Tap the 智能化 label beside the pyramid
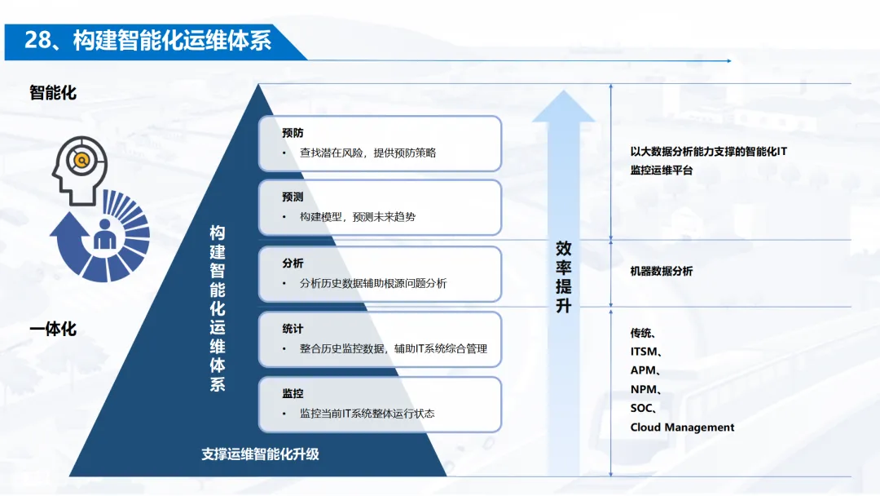coord(53,93)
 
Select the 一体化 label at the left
coord(53,329)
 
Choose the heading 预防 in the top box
coord(293,133)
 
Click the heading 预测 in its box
coord(293,197)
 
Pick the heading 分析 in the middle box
coord(293,263)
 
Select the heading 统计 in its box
coord(293,329)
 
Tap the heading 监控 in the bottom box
coord(293,394)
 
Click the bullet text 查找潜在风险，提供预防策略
coord(367,153)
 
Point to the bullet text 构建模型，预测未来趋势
coord(358,217)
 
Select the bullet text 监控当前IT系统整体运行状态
coord(367,414)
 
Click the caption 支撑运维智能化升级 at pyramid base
coord(260,454)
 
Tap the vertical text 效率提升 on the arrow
coord(564,277)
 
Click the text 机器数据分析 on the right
coord(661,271)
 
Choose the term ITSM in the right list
coord(645,352)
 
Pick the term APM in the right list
coord(644,370)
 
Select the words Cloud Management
coord(682,427)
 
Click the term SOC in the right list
coord(642,408)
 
